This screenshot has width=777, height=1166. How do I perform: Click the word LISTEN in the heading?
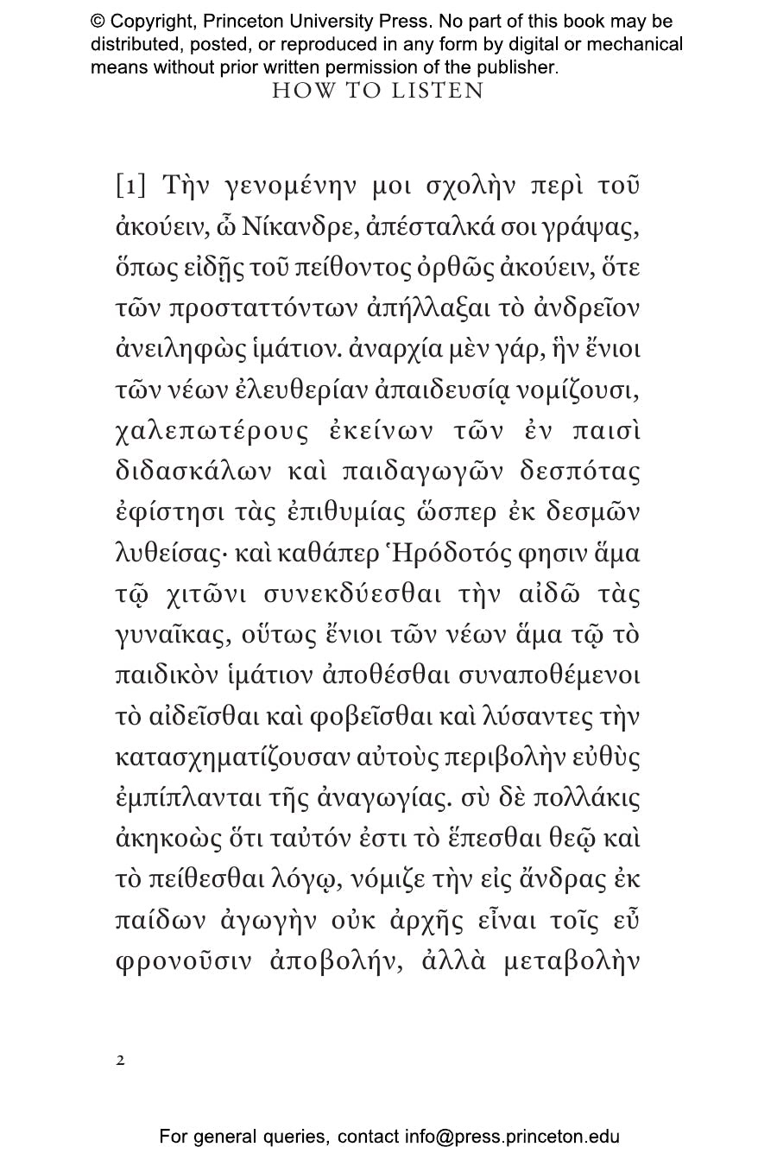point(438,91)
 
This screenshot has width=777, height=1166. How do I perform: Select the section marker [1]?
point(130,186)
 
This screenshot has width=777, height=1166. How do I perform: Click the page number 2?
point(120,1060)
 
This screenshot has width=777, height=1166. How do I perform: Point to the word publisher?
point(515,67)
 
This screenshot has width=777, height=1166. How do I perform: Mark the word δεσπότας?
point(580,472)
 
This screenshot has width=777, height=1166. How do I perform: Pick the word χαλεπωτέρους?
point(212,432)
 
